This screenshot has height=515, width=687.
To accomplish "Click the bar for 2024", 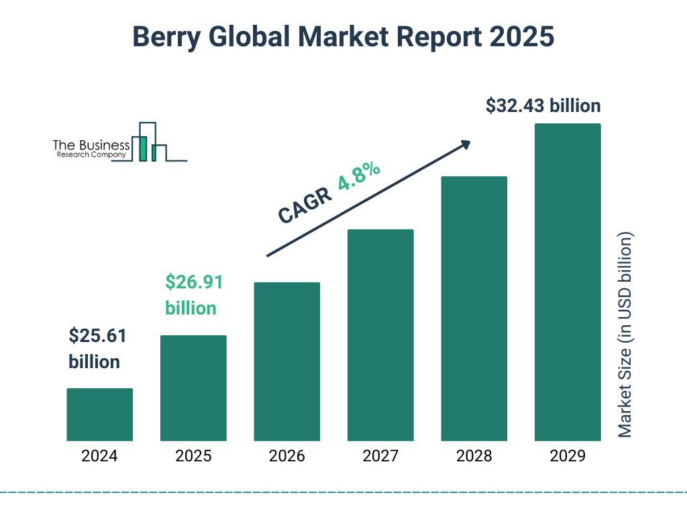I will (x=99, y=414).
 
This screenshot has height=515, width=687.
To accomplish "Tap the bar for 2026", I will (x=286, y=361).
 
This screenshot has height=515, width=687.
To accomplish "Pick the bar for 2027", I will (x=380, y=335).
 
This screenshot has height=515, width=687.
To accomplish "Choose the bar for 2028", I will (x=474, y=308).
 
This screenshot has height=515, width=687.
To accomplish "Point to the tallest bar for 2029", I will (x=568, y=282).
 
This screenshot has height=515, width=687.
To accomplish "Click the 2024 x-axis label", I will (x=99, y=457).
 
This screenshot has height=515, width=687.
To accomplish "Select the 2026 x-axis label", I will (x=286, y=457).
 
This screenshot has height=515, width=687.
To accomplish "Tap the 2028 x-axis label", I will (x=474, y=457).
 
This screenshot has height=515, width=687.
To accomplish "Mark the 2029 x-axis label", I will (x=568, y=457).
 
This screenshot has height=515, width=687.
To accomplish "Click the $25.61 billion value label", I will (x=97, y=349).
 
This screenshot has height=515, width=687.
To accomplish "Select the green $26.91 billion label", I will (x=193, y=295).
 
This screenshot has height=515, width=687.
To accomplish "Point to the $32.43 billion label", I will (x=543, y=106).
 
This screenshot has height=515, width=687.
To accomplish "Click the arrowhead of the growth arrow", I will (x=465, y=144).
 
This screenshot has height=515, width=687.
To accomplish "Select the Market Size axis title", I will (x=625, y=335).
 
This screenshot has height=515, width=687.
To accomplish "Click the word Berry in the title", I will (x=165, y=37).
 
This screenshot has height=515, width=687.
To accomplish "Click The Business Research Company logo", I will (x=119, y=142).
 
